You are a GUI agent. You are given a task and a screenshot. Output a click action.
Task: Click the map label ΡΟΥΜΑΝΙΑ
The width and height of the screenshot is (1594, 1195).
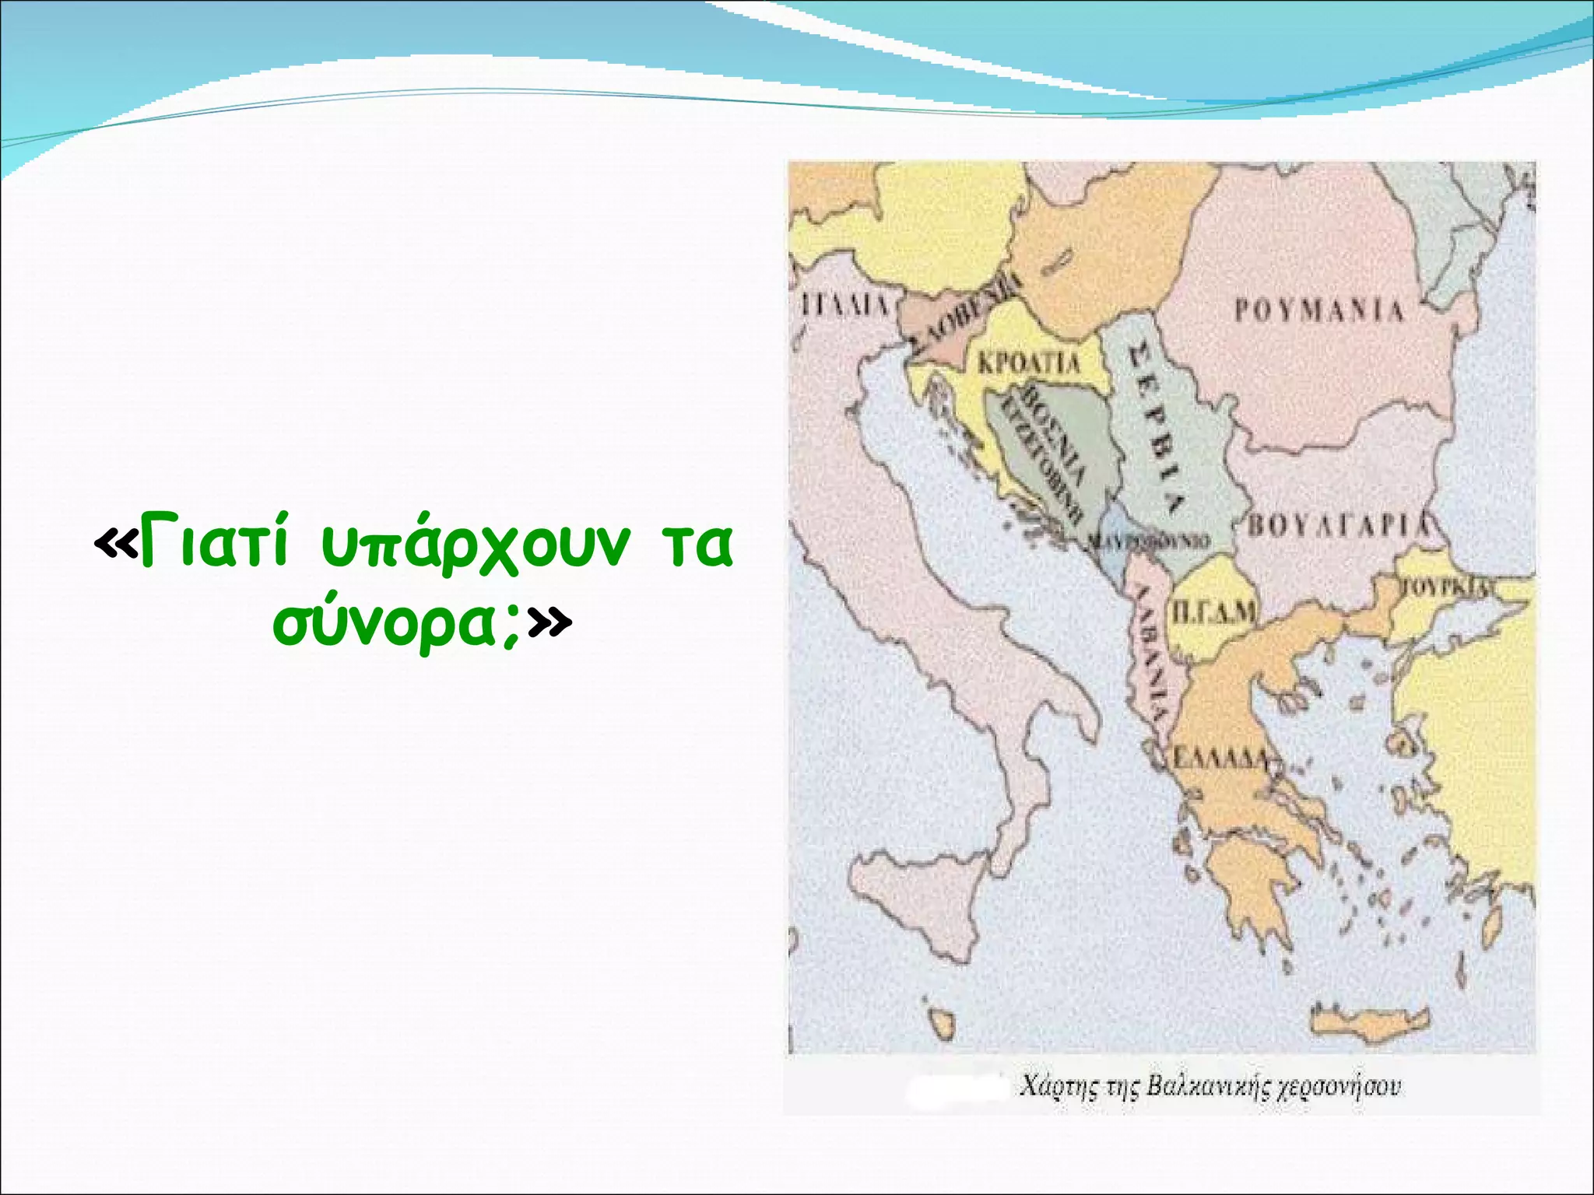click(1319, 310)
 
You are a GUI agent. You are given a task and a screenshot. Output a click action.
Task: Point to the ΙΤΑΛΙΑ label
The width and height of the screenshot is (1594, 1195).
click(845, 304)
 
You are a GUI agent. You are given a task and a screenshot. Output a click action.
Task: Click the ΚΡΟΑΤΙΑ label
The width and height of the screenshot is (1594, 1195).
click(1029, 363)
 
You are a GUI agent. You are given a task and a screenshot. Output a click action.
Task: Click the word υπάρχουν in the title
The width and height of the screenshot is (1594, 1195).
click(474, 547)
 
